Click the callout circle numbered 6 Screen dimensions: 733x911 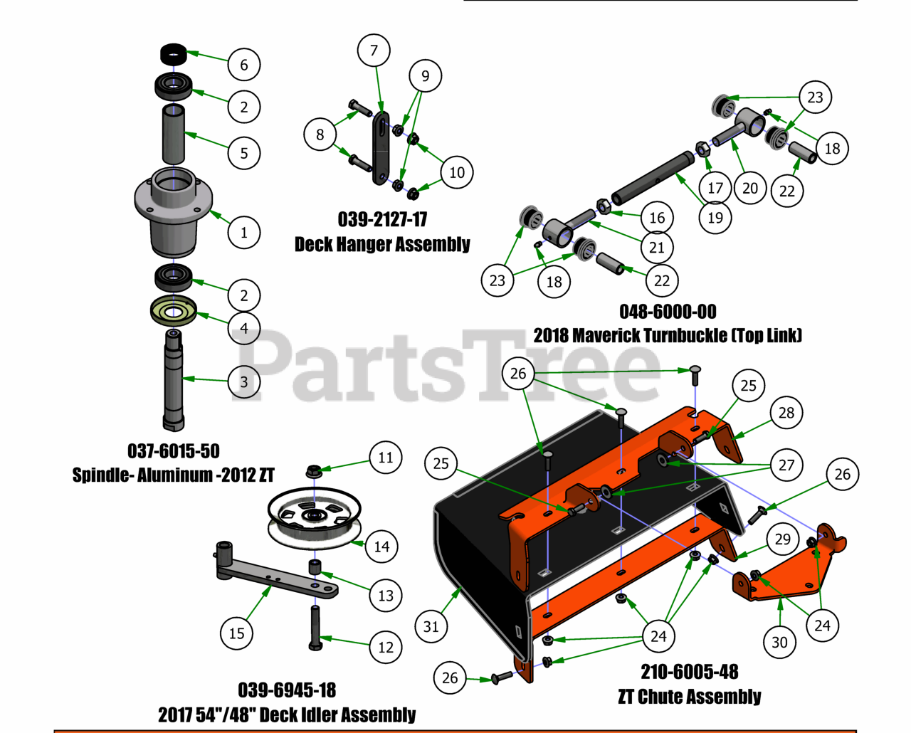click(x=244, y=65)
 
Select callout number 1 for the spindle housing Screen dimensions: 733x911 click(x=244, y=232)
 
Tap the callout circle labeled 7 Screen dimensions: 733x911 click(x=374, y=50)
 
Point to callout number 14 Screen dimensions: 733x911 click(x=382, y=547)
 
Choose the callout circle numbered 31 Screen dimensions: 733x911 click(x=431, y=626)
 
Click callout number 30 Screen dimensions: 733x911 click(x=780, y=642)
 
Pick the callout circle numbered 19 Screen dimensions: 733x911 click(x=715, y=217)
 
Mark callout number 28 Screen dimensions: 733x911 click(x=786, y=413)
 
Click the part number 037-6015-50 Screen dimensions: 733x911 click(x=174, y=451)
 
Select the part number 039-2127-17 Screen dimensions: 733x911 click(x=382, y=219)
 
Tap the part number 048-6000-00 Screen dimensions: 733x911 click(x=668, y=312)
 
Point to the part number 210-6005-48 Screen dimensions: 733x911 click(x=689, y=672)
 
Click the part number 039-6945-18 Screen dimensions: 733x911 click(x=287, y=690)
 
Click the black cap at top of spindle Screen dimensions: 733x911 click(x=173, y=53)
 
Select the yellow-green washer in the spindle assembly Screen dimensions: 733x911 click(x=173, y=311)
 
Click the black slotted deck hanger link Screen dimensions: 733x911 click(x=381, y=148)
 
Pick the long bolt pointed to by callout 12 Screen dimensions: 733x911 click(x=315, y=626)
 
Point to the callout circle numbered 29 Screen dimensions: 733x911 click(x=783, y=539)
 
